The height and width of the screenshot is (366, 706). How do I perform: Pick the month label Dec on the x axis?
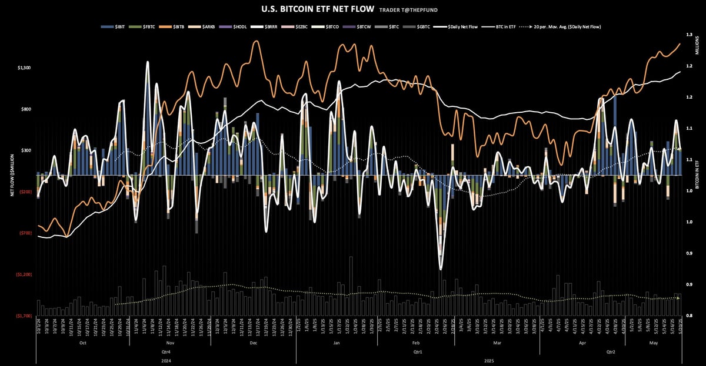(253, 342)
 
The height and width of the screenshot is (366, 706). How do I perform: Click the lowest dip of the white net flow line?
(441, 269)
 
